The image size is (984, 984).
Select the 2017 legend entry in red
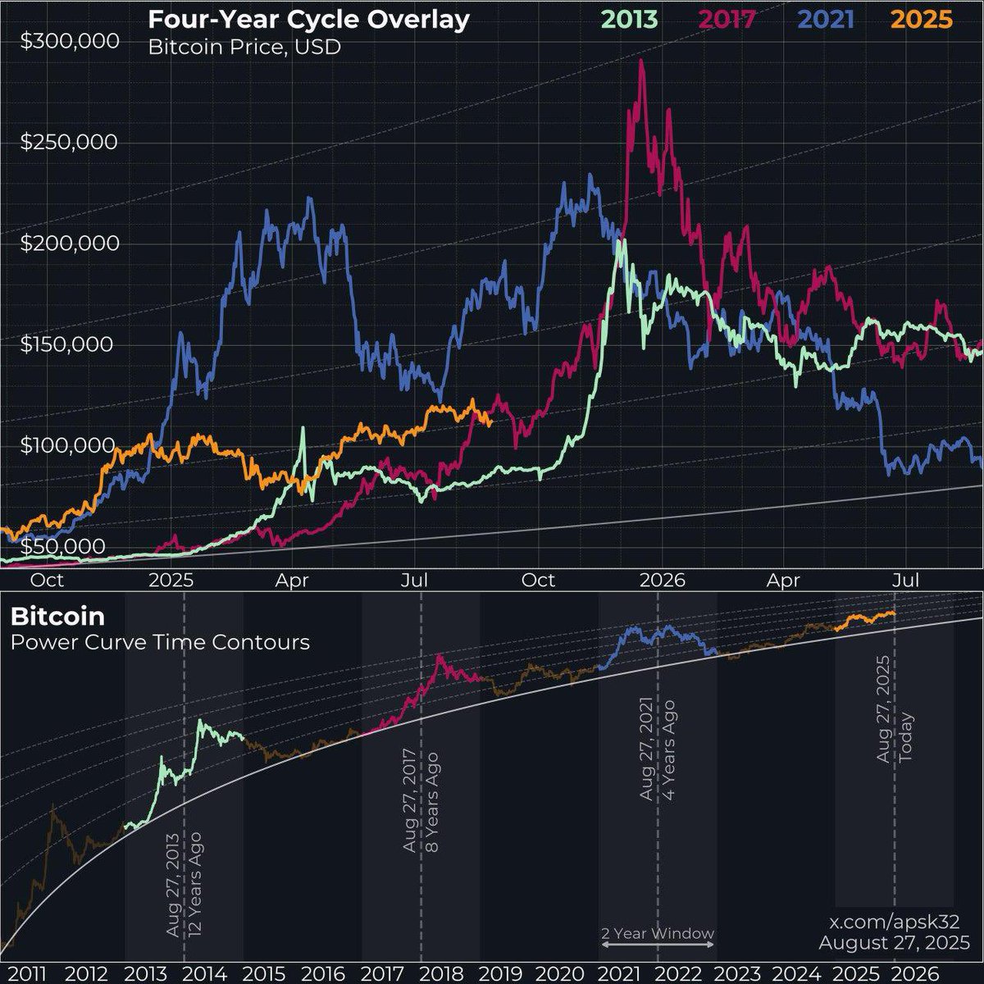point(726,20)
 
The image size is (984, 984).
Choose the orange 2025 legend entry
point(922,20)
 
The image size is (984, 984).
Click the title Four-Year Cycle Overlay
point(308,20)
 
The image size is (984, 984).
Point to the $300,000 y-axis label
point(69,41)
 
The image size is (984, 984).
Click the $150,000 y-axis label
point(69,344)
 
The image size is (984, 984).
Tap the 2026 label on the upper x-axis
point(662,581)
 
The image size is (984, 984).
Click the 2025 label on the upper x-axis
point(171,581)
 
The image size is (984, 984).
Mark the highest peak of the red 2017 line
point(641,61)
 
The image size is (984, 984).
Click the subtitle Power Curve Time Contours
point(161,641)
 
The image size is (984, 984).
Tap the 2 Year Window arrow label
point(657,934)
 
